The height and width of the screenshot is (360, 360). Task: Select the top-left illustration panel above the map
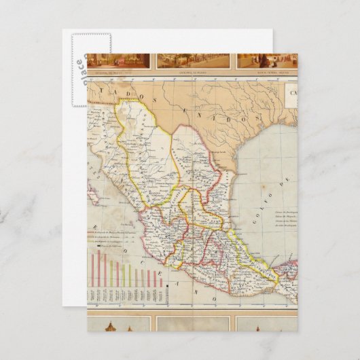coord(120,61)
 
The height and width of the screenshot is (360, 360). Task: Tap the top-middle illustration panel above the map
coord(194,61)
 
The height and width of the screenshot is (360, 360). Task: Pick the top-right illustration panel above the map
coord(267,61)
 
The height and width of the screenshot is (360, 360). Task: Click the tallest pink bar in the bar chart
coord(98,268)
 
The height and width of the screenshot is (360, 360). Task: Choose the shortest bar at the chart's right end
coord(160,281)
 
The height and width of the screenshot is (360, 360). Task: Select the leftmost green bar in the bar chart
coord(123,274)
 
